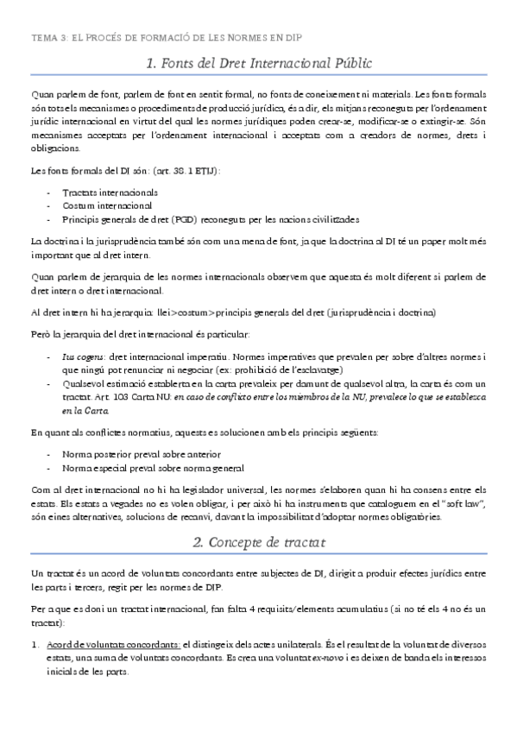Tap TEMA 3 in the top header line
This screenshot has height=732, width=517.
[48, 38]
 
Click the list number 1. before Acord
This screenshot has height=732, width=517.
[35, 644]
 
